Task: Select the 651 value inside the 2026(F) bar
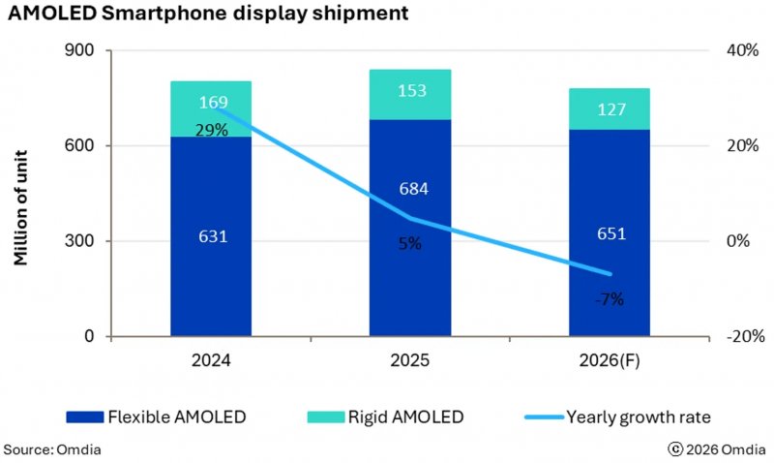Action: [x=610, y=233]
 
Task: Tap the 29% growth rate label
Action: [x=211, y=130]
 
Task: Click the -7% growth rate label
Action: [x=610, y=299]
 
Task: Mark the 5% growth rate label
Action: [x=409, y=244]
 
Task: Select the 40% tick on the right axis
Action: [x=744, y=50]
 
